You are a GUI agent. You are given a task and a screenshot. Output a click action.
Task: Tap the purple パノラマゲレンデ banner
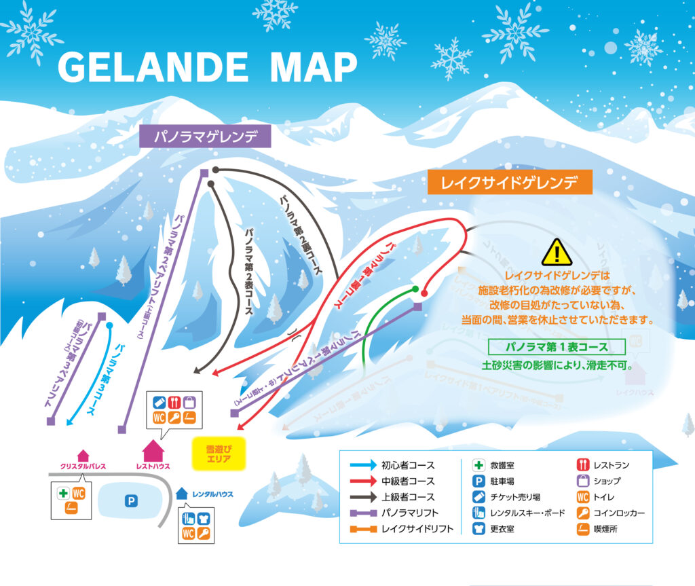206,136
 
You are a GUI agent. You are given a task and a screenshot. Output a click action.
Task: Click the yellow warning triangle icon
557,253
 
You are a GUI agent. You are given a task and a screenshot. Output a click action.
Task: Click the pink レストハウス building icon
153,450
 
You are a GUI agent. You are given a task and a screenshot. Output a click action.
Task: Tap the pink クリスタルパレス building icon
83,455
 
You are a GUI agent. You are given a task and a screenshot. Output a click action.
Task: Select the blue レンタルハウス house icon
181,494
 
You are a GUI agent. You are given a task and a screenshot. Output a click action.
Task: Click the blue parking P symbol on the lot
131,501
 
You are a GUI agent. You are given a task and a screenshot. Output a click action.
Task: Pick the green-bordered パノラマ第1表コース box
557,347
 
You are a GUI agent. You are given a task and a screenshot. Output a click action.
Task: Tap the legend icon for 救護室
478,465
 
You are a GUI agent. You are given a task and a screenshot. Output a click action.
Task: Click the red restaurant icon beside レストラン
582,465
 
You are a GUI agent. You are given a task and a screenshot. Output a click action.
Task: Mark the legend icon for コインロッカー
582,513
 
